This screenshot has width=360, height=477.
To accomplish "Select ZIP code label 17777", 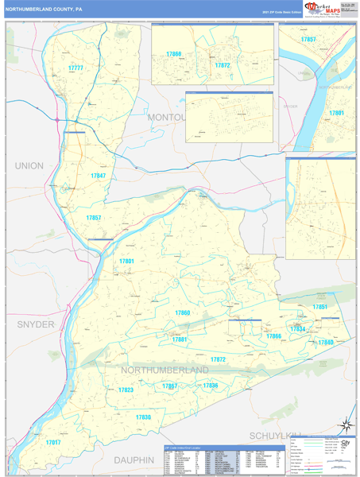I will [x=75, y=68].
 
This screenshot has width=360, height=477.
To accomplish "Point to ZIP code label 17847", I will [x=98, y=176].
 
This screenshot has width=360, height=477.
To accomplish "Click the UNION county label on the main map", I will [x=29, y=165].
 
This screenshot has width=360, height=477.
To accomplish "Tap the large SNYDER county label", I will [x=36, y=324].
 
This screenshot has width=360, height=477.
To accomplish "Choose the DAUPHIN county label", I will [x=134, y=460].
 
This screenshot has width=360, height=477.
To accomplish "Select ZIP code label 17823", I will [x=126, y=390].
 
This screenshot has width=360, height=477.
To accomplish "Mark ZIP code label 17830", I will [x=143, y=417].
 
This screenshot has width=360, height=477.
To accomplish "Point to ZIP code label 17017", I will [x=52, y=442].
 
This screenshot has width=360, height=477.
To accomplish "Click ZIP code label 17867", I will [x=169, y=386].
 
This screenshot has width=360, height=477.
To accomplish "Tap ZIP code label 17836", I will [x=210, y=386].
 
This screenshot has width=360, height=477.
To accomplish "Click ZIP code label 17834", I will [x=297, y=328].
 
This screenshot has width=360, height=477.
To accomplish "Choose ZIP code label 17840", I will [x=325, y=342].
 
